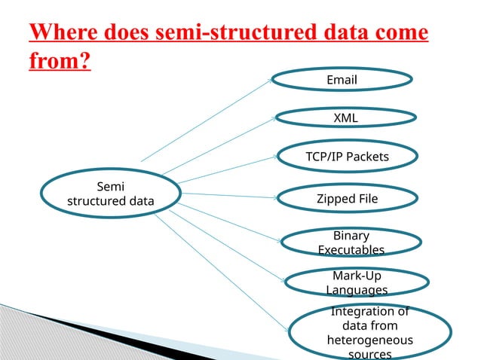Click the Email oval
click(341, 81)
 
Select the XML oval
click(345, 118)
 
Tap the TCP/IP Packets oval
click(347, 157)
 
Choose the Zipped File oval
click(347, 199)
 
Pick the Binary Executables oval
click(351, 243)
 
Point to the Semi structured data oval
click(110, 194)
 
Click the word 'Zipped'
click(336, 199)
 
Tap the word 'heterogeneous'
click(369, 340)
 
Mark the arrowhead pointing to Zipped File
click(274, 198)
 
